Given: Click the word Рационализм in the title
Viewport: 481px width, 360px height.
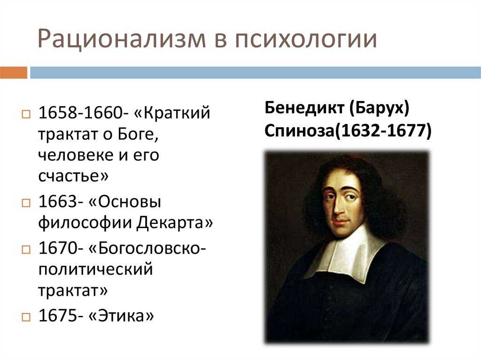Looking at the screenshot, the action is coord(122,38).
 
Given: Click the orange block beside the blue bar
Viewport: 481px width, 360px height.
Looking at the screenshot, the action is coord(14,72).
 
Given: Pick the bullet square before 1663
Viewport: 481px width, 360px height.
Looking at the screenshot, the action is coord(26,203).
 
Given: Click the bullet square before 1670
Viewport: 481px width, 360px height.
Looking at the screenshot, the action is coord(26,249).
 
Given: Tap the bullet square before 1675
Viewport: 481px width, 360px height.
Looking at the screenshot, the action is coord(26,317).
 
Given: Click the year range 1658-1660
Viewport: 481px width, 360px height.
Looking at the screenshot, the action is coord(81,113).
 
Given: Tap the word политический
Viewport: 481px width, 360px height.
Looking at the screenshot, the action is coord(95,270).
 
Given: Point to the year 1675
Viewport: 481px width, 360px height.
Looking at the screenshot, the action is coord(58,315).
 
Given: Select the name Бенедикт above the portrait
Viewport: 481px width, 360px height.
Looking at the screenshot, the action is coord(304,107).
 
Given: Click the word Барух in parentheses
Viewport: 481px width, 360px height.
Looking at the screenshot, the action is coord(379,108).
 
